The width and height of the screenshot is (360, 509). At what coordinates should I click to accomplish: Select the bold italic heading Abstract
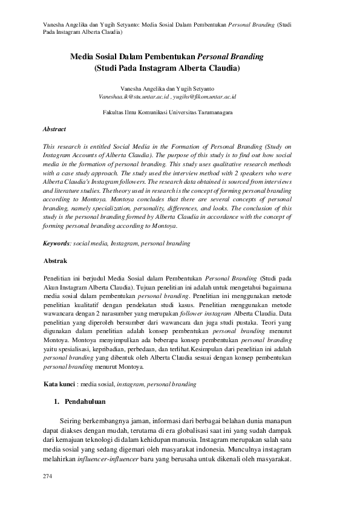(x=54, y=129)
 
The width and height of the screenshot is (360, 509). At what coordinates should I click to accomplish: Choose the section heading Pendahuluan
(x=85, y=401)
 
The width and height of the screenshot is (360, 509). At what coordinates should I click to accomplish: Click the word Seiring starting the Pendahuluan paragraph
(x=72, y=420)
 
